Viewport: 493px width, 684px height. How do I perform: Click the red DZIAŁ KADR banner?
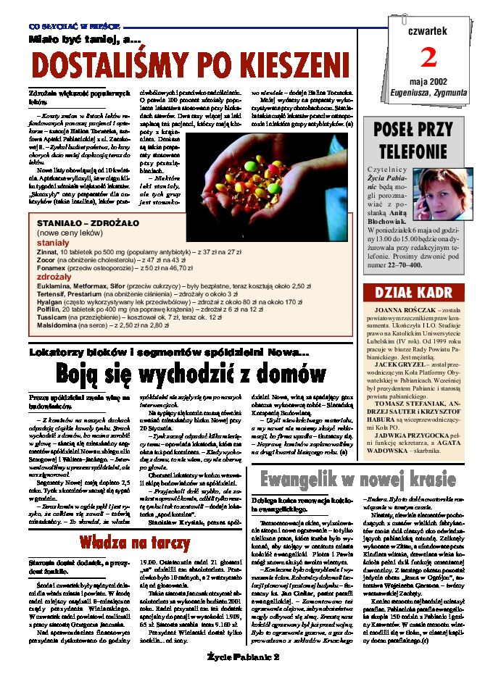(413, 292)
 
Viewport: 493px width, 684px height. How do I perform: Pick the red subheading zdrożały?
(54, 277)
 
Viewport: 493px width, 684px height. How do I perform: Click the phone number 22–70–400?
(405, 265)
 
